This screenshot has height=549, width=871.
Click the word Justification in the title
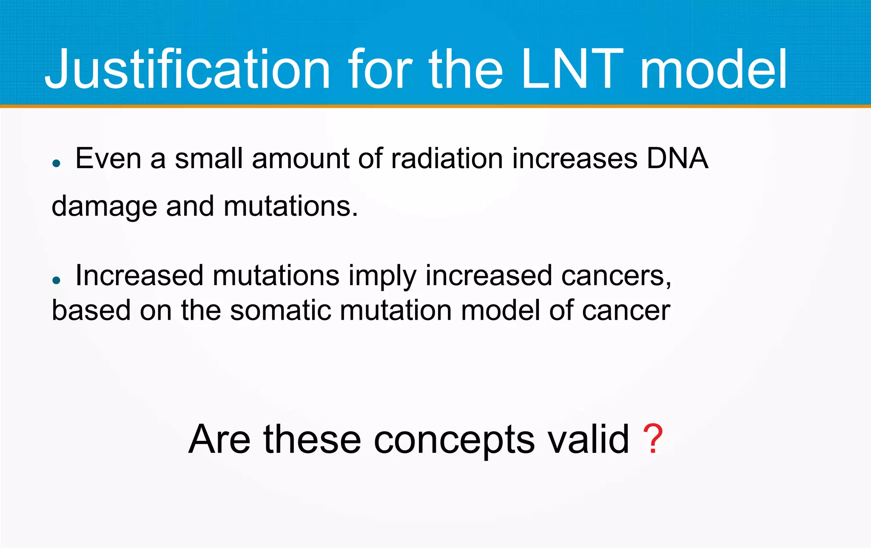click(x=187, y=69)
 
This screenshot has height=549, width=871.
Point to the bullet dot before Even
click(x=57, y=163)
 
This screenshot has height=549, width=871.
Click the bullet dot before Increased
click(x=57, y=280)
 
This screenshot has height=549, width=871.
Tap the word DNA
click(x=677, y=159)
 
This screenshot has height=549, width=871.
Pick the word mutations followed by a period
click(x=290, y=207)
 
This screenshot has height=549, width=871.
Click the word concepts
click(x=454, y=440)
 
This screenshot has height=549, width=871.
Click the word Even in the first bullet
click(x=108, y=159)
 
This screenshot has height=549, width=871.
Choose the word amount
click(x=300, y=159)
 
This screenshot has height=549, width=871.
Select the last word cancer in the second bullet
click(x=626, y=310)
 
